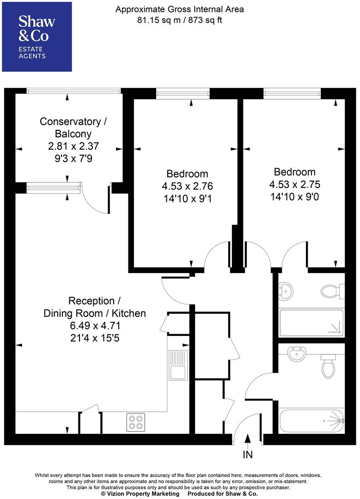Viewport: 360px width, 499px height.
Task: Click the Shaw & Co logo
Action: point(37,37)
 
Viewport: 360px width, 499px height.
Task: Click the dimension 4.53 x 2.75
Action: point(294,184)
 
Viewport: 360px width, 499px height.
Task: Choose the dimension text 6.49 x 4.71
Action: point(94,325)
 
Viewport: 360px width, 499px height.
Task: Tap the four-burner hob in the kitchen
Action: point(135,422)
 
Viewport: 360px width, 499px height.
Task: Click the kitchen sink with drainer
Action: point(177,365)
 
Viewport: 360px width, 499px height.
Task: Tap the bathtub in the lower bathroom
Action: point(311,420)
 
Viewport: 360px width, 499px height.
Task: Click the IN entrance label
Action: point(248,455)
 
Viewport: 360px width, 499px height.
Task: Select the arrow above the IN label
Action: point(248,441)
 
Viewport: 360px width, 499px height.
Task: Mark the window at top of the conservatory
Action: point(74,91)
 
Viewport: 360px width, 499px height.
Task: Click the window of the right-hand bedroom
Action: point(292,94)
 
